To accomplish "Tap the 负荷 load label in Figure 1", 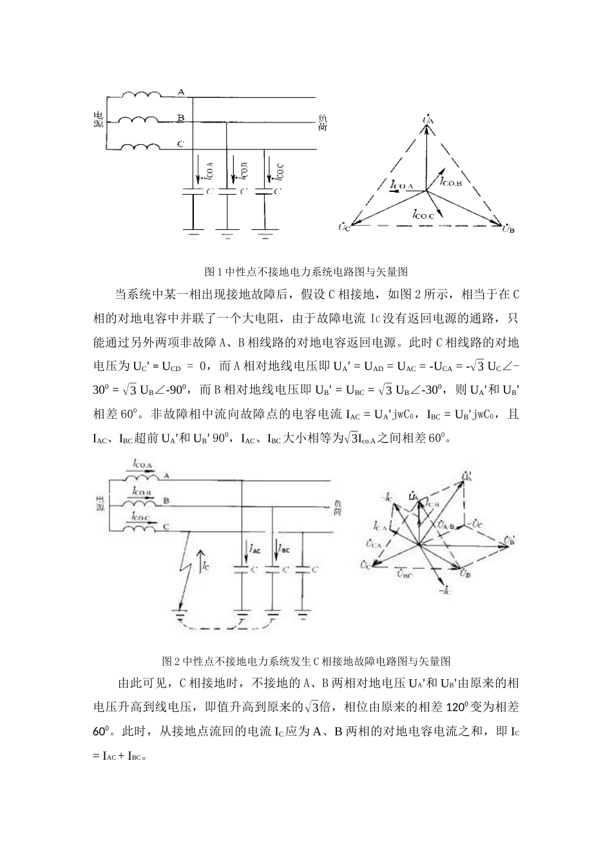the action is tap(323, 122).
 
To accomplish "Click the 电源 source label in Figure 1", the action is tap(99, 119).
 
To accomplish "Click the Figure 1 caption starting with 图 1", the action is tap(306, 271).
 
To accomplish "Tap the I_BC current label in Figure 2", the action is tap(283, 550).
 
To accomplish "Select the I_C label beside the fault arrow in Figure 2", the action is tap(204, 566).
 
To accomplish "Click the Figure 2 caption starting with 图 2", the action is tap(306, 661).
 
